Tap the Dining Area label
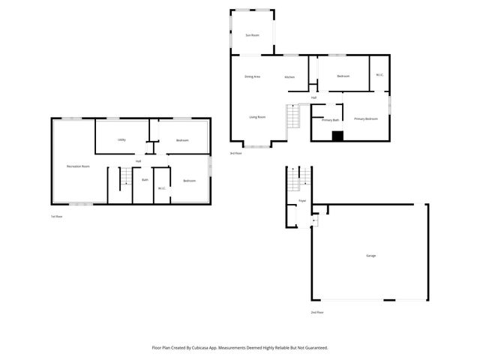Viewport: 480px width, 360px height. point(252,77)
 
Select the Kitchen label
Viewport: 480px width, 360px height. point(289,77)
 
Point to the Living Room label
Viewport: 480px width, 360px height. point(257,117)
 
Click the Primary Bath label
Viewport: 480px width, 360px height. point(331,120)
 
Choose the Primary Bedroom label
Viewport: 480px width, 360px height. point(366,118)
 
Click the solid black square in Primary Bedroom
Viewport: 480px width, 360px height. point(337,136)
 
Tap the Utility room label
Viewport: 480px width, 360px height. point(121,140)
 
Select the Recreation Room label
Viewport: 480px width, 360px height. point(78,166)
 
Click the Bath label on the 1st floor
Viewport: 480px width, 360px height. point(145,180)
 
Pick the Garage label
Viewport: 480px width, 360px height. point(370,256)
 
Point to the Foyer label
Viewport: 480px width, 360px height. point(302,201)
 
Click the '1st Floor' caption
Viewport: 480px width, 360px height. point(56,217)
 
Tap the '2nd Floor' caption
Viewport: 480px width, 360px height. point(316,311)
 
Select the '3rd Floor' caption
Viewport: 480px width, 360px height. point(235,153)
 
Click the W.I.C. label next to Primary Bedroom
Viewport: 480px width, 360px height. point(379,75)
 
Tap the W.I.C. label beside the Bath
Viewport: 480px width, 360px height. point(161,188)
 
